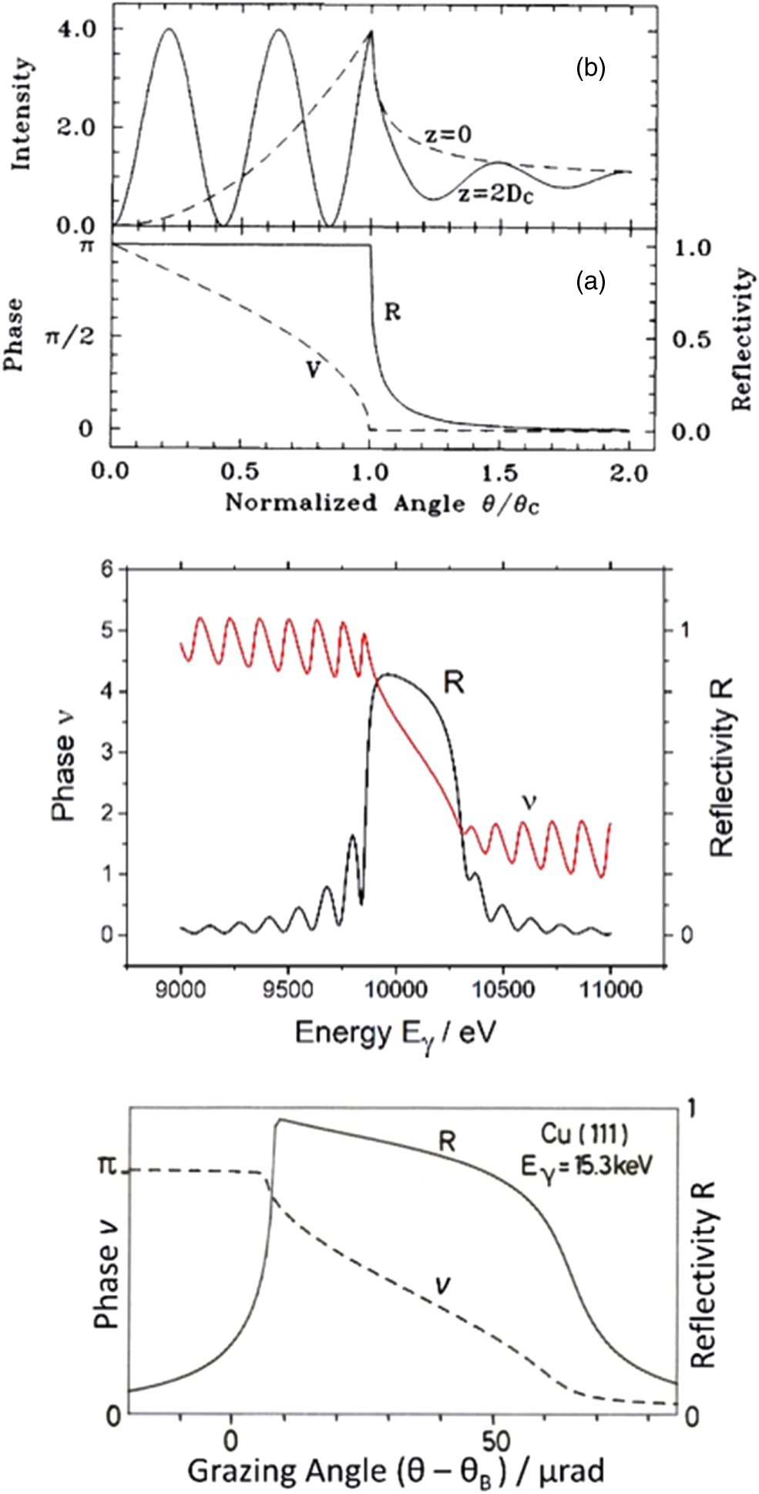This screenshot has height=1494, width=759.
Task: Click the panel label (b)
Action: (x=591, y=69)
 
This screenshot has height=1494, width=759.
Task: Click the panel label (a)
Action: (x=591, y=283)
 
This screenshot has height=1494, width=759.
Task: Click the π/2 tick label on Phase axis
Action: (x=72, y=337)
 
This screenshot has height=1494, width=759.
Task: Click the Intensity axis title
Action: (x=22, y=113)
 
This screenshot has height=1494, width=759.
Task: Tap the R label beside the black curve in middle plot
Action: (x=453, y=681)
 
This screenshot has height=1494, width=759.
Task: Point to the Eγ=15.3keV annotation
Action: (x=586, y=1166)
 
